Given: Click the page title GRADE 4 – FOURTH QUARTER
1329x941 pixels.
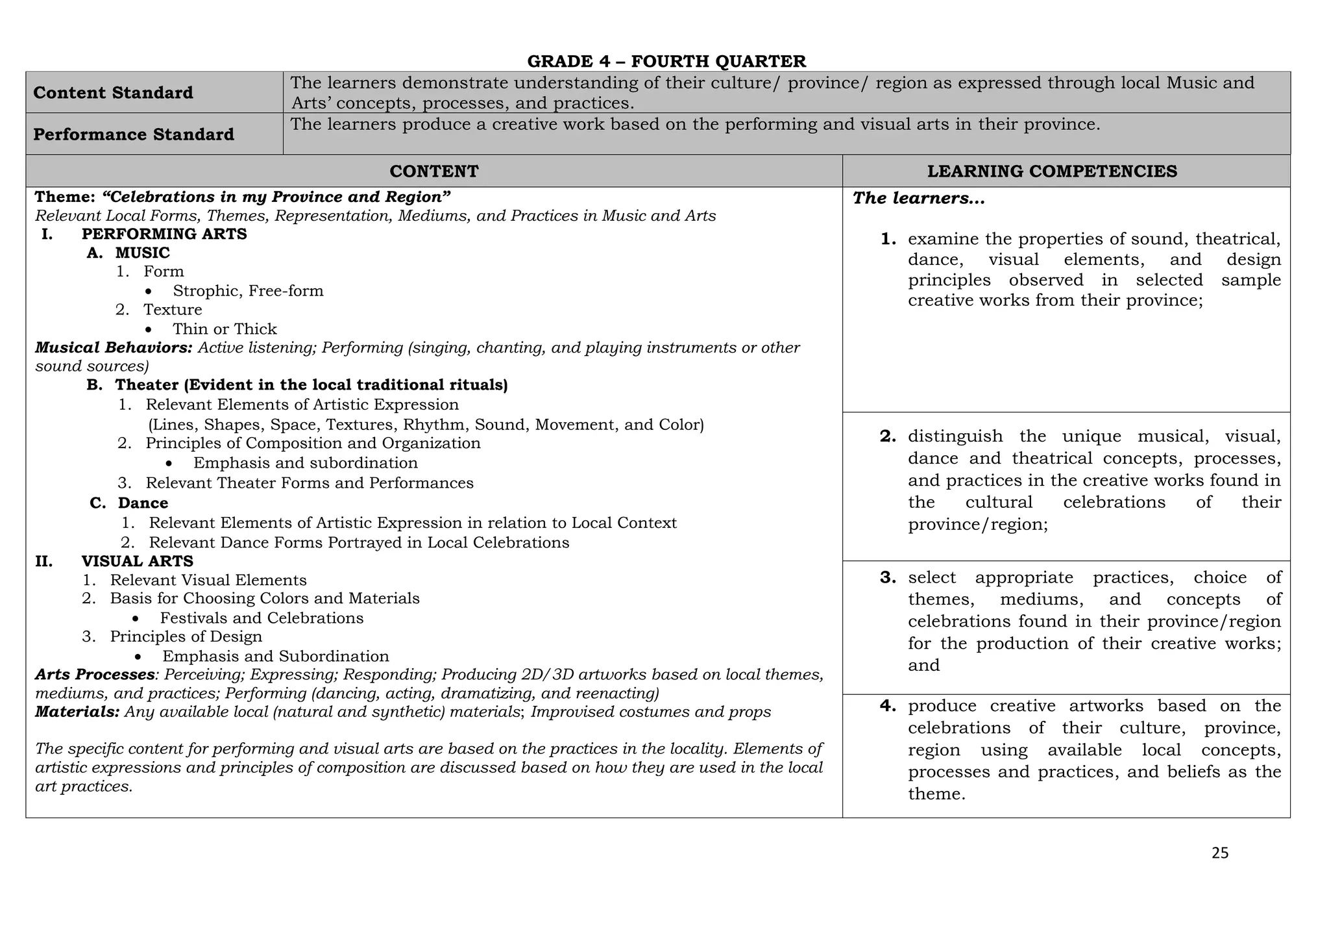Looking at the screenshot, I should pos(666,62).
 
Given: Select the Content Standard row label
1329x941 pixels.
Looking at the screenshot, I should pos(113,93).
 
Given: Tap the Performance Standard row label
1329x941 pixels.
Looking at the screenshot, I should pos(133,134).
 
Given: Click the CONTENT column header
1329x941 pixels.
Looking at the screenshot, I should pos(433,171).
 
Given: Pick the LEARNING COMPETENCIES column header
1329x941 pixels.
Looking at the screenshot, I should pos(1052,171).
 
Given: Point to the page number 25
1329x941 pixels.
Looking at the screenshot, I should pos(1219,853).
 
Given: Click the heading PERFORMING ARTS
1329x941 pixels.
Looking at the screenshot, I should pos(164,234).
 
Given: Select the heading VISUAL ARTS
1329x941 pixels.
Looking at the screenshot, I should pos(137,561).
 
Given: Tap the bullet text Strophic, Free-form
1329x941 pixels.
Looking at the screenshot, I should pos(248,291).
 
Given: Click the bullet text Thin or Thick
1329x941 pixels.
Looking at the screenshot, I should pos(225,329).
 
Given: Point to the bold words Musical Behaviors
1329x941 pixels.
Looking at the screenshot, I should pos(114,348).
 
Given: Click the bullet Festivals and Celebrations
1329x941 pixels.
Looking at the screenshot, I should pos(262,618).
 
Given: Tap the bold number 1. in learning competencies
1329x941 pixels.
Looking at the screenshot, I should pos(888,239).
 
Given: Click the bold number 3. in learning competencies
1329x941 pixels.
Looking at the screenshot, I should pos(888,577).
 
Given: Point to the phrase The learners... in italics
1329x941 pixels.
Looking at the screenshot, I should pos(918,199).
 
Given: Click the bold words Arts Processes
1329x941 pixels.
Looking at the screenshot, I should pos(95,675).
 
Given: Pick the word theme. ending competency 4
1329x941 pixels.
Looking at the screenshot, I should pos(936,794).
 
